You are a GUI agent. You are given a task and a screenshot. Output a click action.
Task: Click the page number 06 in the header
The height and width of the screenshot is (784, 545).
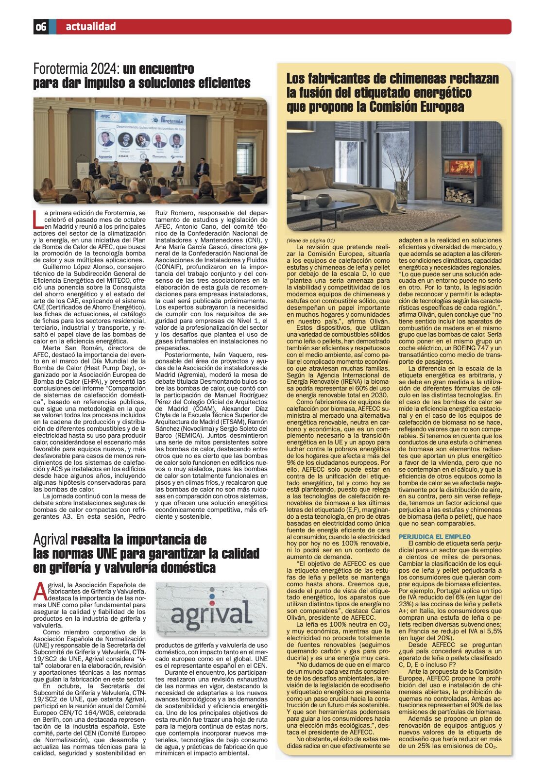(41, 27)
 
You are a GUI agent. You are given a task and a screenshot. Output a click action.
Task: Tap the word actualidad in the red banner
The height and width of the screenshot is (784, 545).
(91, 27)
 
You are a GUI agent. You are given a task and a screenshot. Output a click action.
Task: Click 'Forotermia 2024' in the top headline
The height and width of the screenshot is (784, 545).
(76, 68)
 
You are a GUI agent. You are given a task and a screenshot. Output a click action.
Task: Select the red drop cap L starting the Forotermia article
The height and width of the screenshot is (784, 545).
(37, 219)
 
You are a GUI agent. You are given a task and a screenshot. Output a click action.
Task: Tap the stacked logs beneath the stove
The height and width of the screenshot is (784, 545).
(459, 195)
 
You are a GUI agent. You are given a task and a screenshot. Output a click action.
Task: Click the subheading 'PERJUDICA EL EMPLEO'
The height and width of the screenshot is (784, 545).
(427, 536)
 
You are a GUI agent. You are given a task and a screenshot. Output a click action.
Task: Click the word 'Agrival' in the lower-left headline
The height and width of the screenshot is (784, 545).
(51, 540)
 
